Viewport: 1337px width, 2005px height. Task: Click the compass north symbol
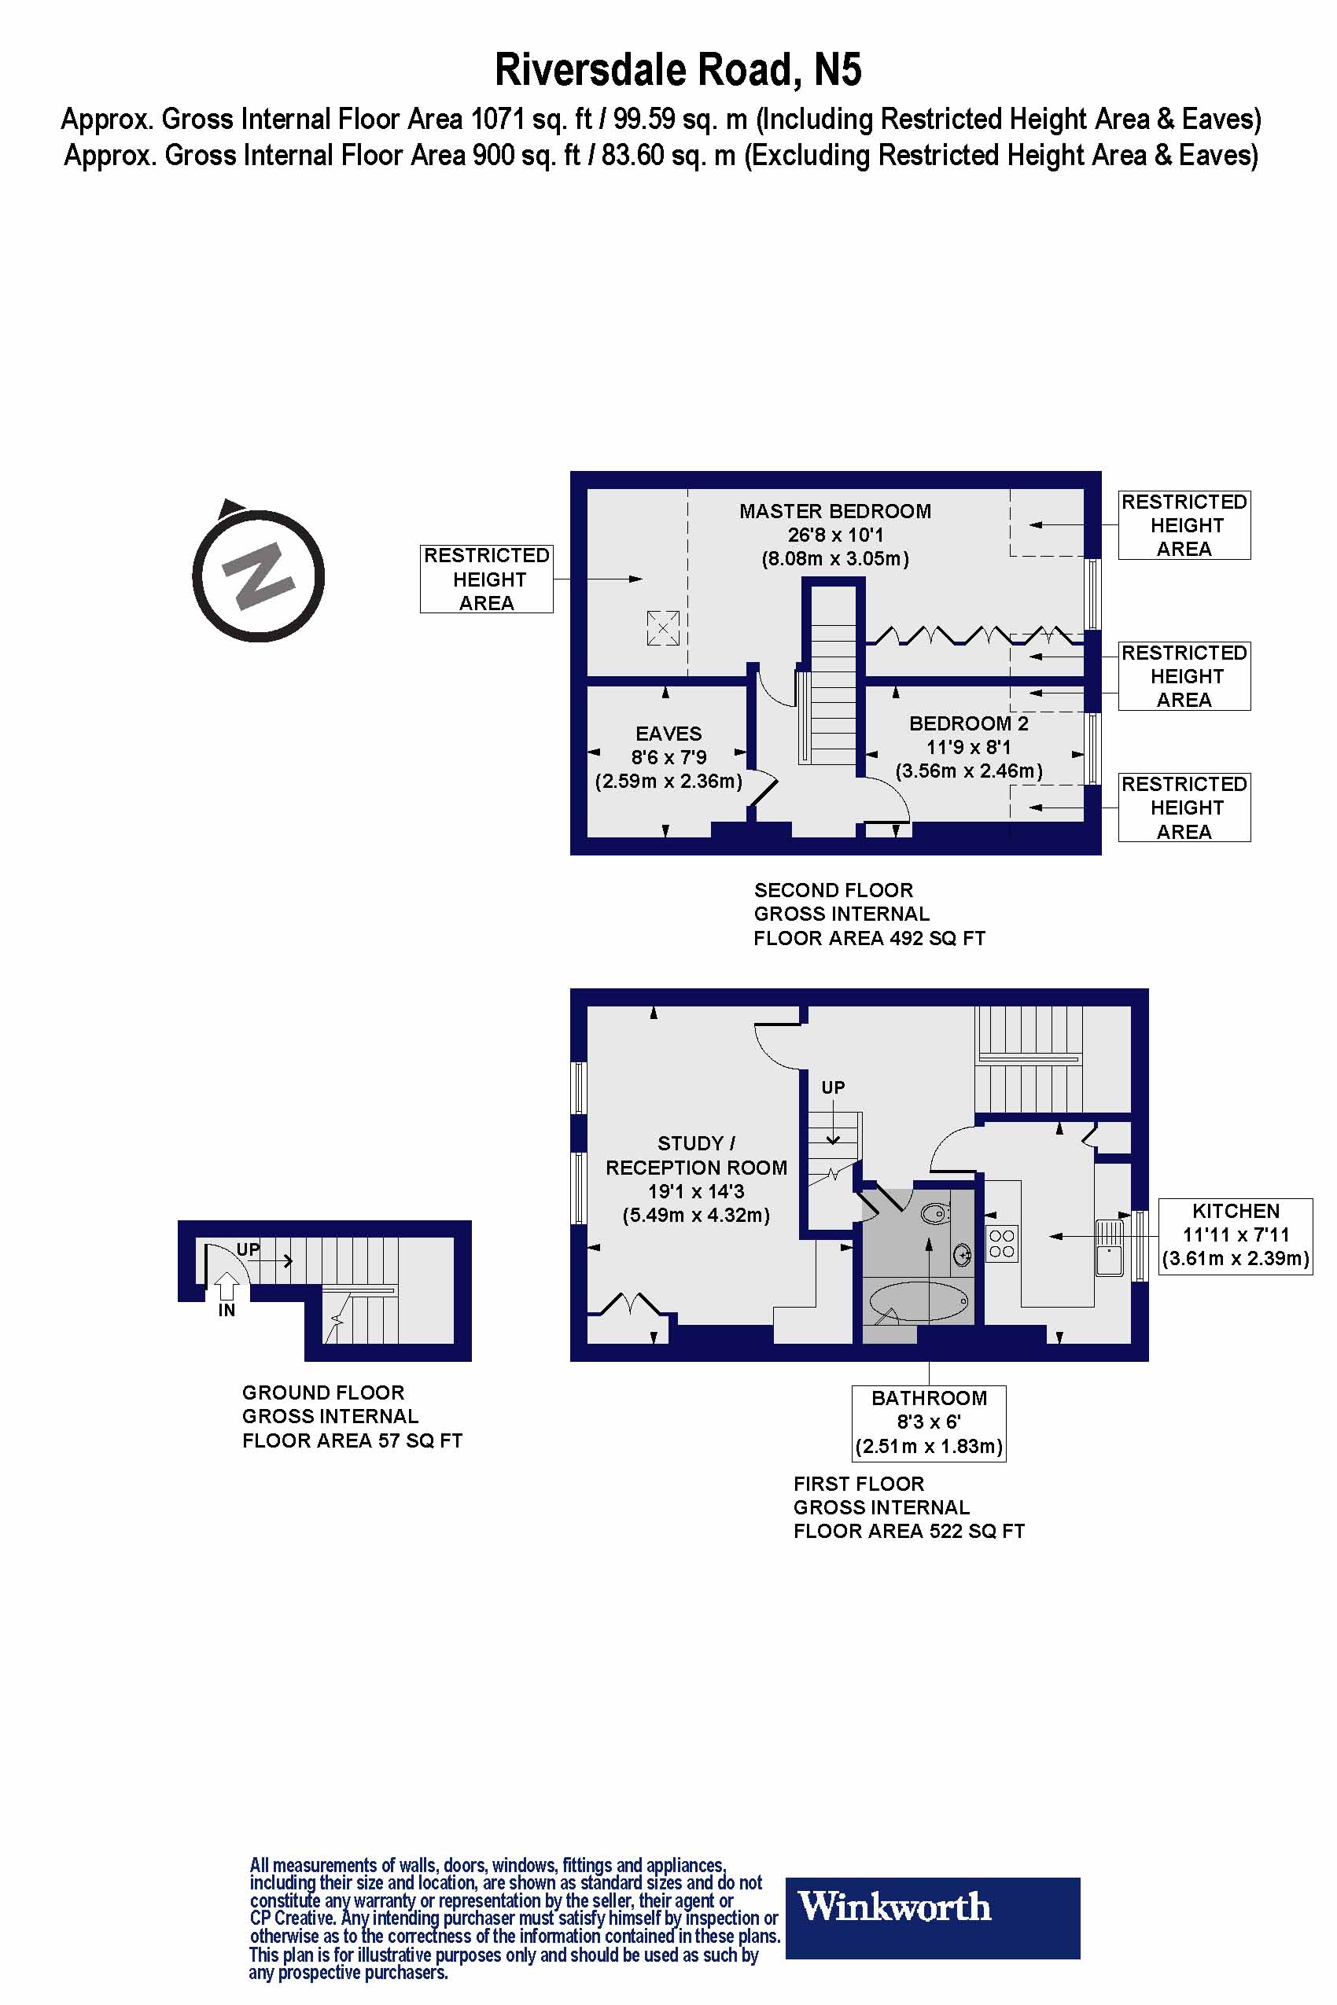pyautogui.click(x=259, y=576)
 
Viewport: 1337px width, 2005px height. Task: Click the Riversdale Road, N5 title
pyautogui.click(x=678, y=70)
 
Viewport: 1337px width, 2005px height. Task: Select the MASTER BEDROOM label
pyautogui.click(x=834, y=512)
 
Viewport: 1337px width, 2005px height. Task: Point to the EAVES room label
pyautogui.click(x=668, y=734)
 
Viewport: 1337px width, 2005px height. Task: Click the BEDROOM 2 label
pyautogui.click(x=968, y=723)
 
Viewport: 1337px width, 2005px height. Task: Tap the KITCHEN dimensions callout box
pyautogui.click(x=1235, y=1235)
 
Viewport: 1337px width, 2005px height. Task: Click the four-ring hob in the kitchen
pyautogui.click(x=1001, y=1244)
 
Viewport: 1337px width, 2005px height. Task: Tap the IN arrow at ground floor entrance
pyautogui.click(x=226, y=1286)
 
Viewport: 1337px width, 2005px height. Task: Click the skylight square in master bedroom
pyautogui.click(x=662, y=628)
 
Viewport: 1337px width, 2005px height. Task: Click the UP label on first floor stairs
pyautogui.click(x=832, y=1087)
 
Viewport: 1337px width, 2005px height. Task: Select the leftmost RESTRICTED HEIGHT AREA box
pyautogui.click(x=486, y=579)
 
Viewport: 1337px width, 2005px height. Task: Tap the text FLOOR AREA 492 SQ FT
pyautogui.click(x=868, y=939)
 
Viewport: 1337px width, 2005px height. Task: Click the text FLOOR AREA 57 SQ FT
pyautogui.click(x=352, y=1440)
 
